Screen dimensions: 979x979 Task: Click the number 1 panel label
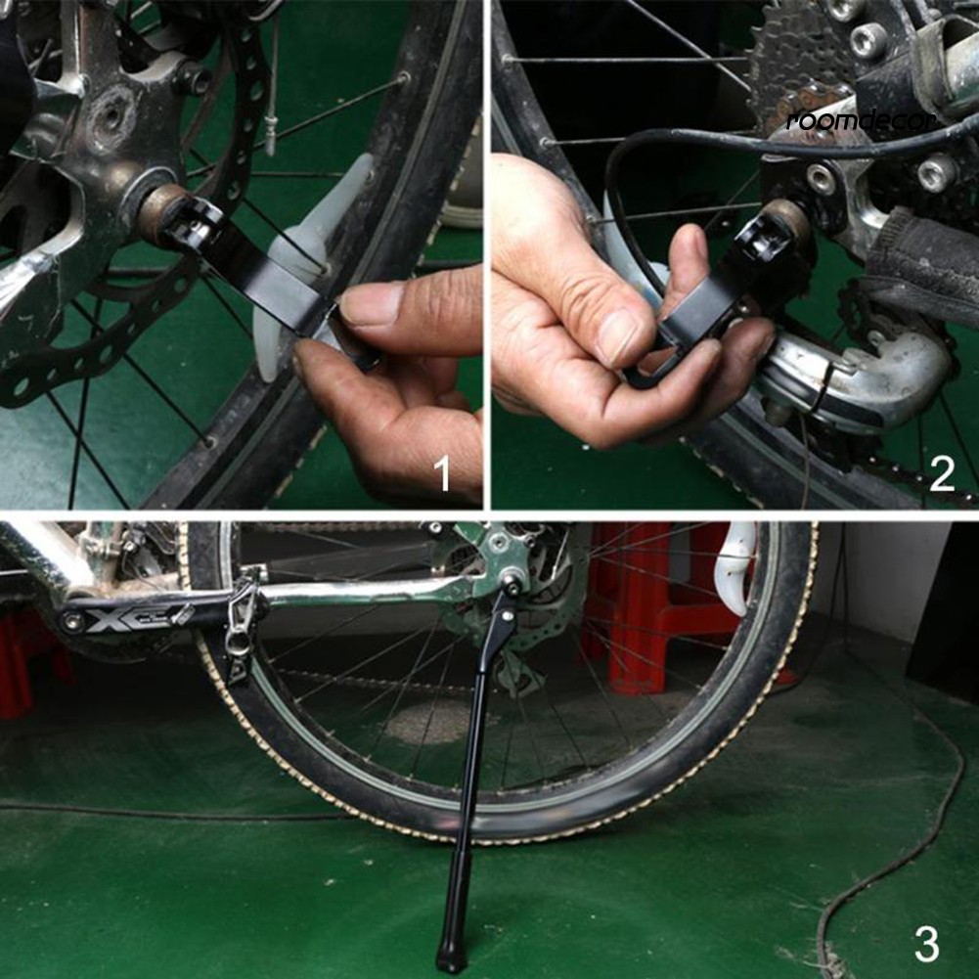(442, 473)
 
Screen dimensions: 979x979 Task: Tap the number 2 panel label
(941, 473)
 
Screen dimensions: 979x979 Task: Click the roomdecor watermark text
(862, 119)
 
